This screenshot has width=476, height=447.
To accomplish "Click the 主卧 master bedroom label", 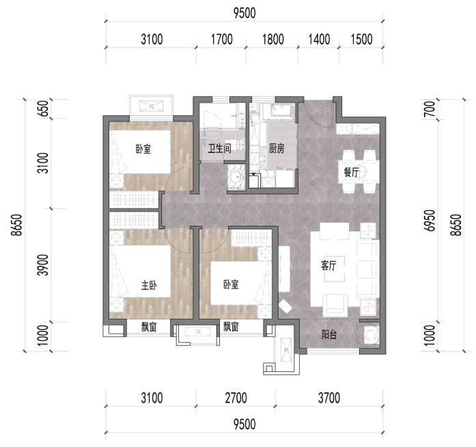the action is (x=149, y=285).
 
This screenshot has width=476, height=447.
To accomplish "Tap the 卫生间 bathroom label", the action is (x=219, y=149).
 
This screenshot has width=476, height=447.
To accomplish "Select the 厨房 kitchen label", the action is (x=277, y=149).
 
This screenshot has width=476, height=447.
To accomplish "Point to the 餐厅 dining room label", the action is (x=351, y=172).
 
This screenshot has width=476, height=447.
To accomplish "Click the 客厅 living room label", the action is (x=328, y=265).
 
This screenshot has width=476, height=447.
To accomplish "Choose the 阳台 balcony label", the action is (x=329, y=335).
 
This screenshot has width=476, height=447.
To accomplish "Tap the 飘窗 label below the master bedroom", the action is (x=148, y=327).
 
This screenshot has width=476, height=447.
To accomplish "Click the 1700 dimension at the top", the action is (x=221, y=40).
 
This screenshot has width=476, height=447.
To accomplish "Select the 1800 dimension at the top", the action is (x=273, y=40).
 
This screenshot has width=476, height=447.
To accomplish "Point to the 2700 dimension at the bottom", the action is (x=236, y=398).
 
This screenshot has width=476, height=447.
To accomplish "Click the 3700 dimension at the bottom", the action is (x=329, y=398).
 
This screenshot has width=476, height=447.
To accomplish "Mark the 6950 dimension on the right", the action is (x=430, y=220).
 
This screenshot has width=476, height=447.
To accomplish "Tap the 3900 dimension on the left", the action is (x=44, y=265).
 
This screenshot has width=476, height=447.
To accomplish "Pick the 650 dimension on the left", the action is (x=44, y=109).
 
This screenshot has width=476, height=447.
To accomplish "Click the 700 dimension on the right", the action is (x=430, y=109).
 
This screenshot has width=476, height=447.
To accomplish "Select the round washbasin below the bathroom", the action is (x=236, y=177).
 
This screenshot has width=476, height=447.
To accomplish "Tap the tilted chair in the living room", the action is (x=285, y=306).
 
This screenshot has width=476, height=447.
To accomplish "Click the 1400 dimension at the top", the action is (x=319, y=40).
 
